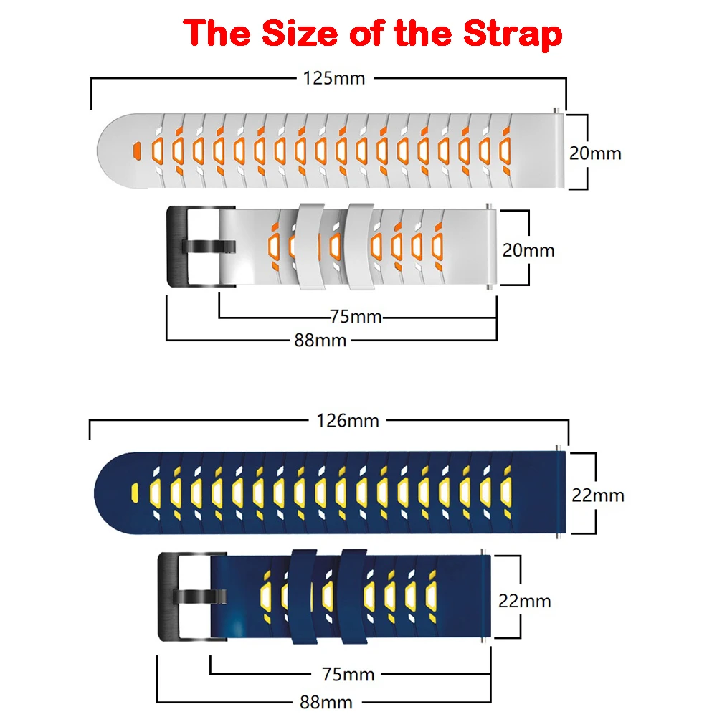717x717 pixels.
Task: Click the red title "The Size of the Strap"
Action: click(x=372, y=34)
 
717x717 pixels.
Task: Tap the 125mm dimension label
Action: click(x=334, y=77)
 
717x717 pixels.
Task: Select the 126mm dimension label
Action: click(x=348, y=420)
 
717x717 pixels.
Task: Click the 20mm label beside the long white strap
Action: click(x=595, y=152)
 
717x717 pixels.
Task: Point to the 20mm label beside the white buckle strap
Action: click(x=528, y=250)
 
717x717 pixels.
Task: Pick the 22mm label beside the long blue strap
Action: click(x=597, y=495)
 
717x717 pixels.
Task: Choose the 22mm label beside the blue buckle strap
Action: click(x=525, y=600)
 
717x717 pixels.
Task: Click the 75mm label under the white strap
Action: click(x=356, y=316)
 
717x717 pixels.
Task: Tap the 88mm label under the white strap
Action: click(x=320, y=340)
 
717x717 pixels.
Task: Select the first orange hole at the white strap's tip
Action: click(x=134, y=151)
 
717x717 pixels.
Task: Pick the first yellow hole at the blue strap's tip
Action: click(x=133, y=493)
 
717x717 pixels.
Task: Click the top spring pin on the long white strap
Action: click(x=557, y=110)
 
